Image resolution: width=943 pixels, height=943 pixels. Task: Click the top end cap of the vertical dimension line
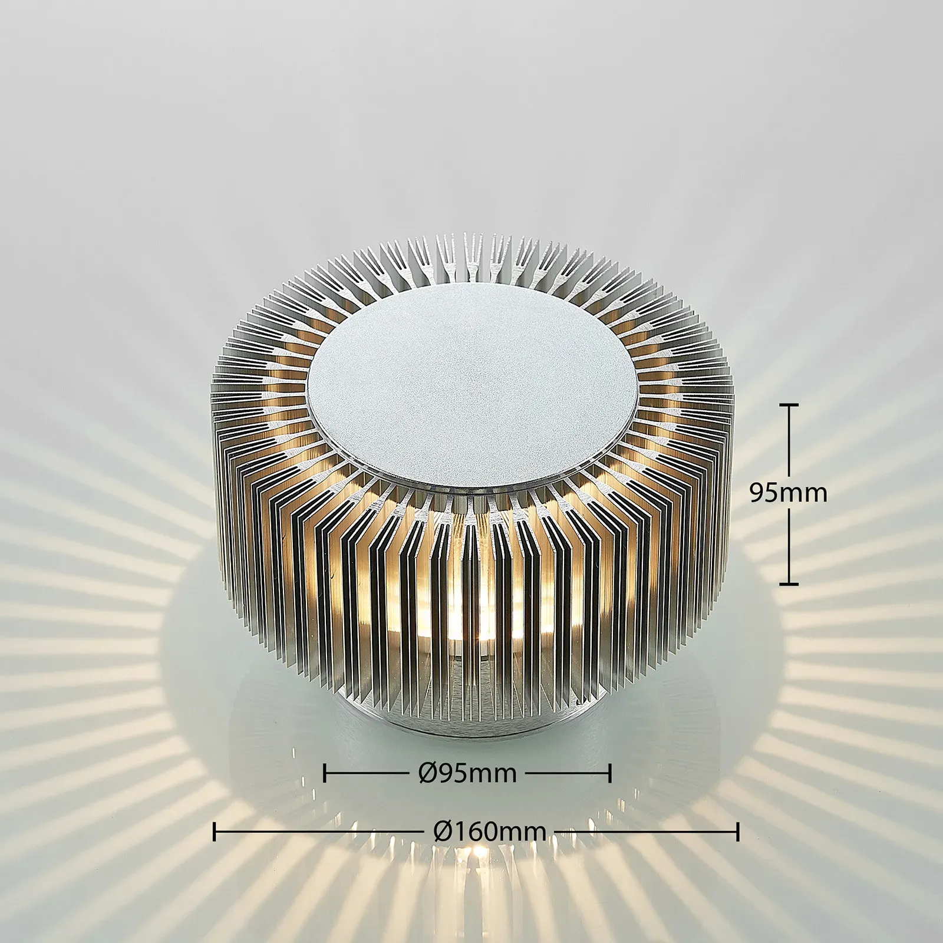[x=789, y=405]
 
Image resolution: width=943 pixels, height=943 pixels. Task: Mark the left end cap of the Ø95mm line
[x=325, y=773]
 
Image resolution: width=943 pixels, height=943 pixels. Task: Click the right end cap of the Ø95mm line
[x=610, y=773]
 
